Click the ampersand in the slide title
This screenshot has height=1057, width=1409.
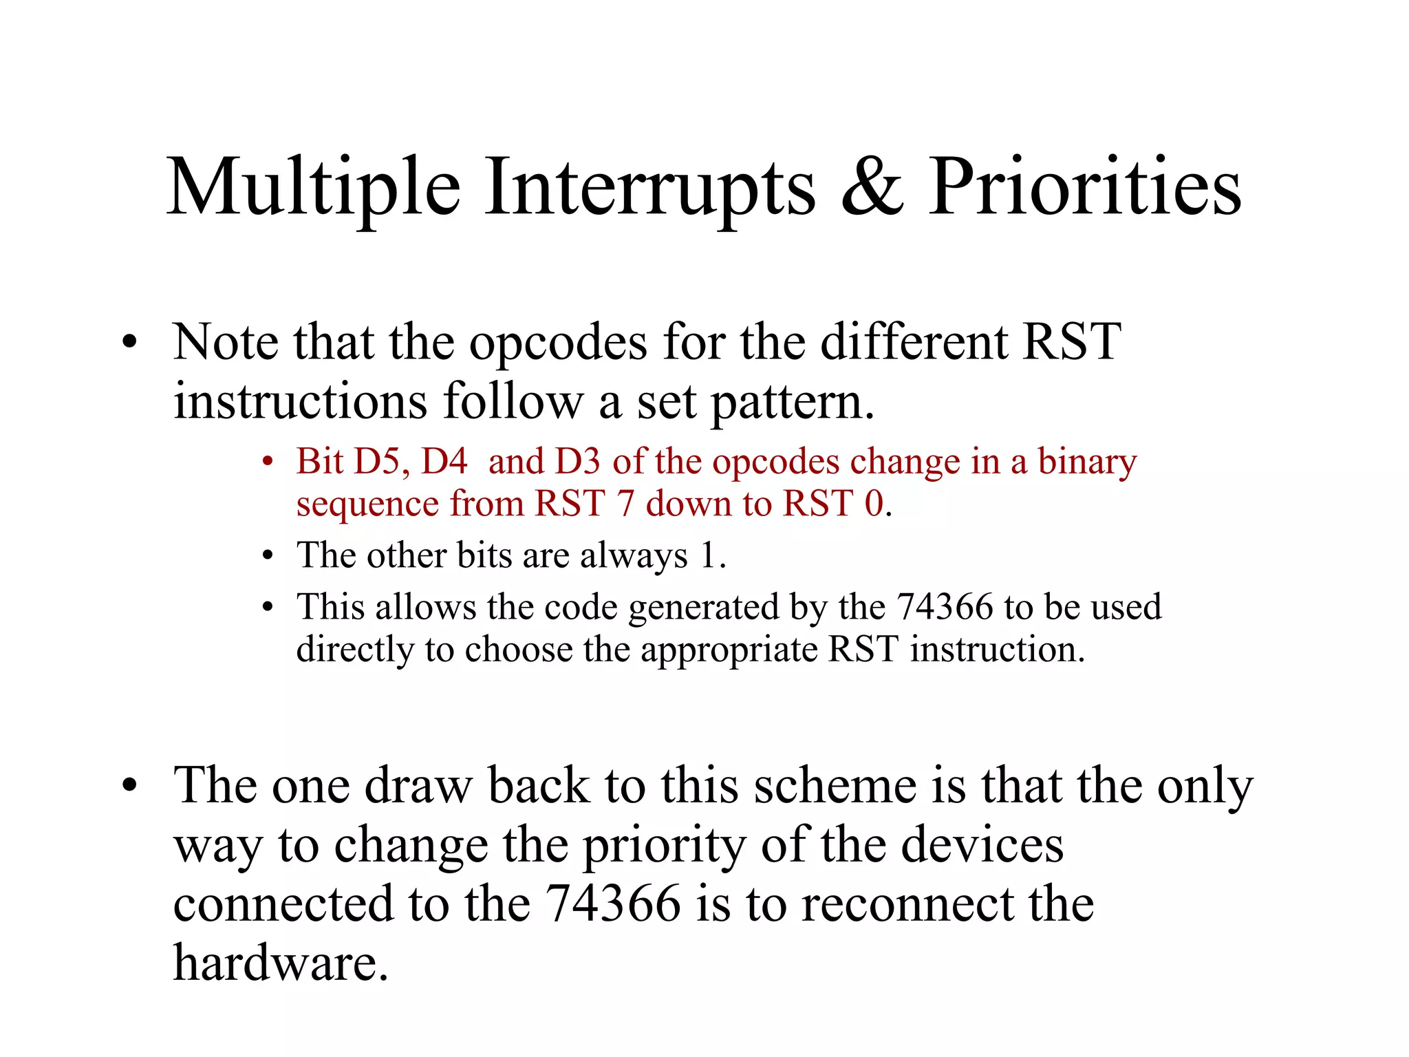coord(872,187)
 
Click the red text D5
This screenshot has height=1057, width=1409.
coord(380,461)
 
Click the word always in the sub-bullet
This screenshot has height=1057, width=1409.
coord(633,556)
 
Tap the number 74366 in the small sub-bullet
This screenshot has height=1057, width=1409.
coord(945,607)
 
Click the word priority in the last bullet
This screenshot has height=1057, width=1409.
coord(663,846)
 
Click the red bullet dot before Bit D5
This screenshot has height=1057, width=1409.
coord(268,461)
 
